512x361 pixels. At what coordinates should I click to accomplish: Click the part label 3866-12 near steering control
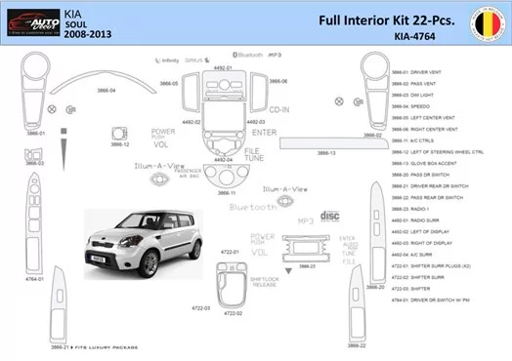pyautogui.click(x=121, y=144)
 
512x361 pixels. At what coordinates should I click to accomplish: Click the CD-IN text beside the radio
pyautogui.click(x=278, y=111)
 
